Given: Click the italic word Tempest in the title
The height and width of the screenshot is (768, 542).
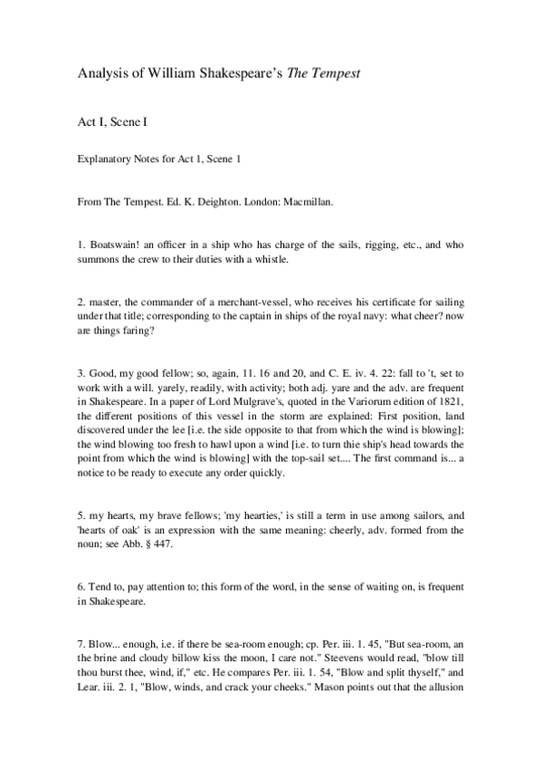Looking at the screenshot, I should point(337,72).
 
